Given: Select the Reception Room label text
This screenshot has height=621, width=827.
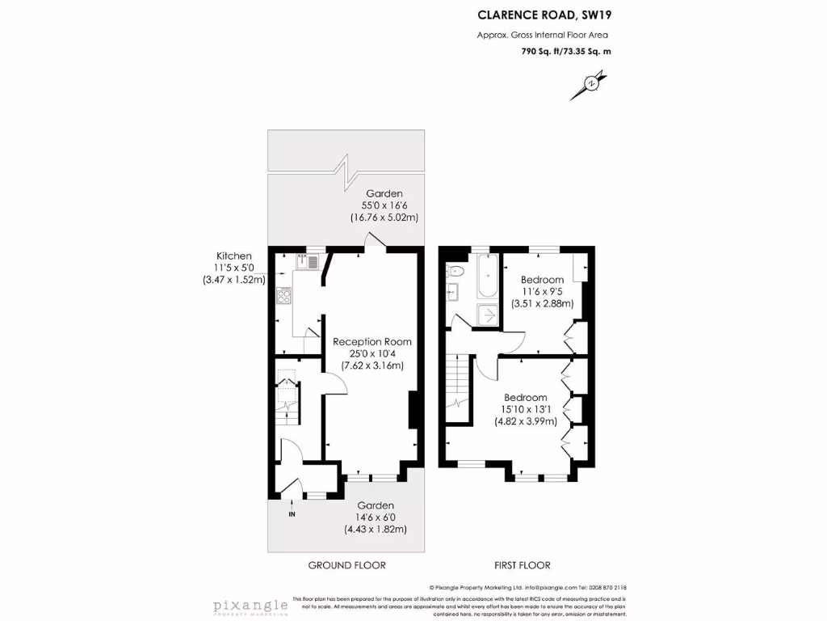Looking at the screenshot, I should coord(367,341).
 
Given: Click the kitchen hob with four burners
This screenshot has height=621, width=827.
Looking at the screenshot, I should coord(284,296).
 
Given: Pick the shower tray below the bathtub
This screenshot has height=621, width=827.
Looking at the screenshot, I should coord(487,315).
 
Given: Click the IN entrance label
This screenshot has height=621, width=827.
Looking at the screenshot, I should coord(292,513).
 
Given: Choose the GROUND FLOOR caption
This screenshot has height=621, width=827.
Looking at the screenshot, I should coord(347,565).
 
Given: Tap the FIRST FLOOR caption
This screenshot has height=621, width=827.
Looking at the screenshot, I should coord(523,565).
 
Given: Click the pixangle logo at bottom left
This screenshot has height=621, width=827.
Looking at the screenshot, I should coord(250,606).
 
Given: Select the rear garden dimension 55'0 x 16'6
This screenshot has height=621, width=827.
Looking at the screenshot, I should coord(384,205).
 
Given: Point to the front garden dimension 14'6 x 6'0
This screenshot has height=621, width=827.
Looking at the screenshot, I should coord(376,517).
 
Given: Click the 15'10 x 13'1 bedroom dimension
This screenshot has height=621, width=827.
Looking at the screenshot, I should coord(526,409).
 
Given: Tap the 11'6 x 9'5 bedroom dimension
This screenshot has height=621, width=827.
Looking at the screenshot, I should coord(542,292).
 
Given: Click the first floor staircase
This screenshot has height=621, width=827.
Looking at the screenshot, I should coord(457,387).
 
